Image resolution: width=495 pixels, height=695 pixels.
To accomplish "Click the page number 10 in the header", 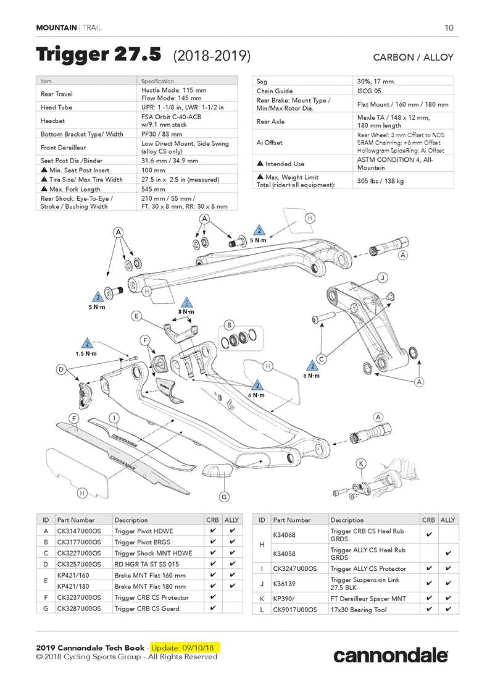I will pos(449,28).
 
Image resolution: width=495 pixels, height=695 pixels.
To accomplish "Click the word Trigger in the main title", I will pos(72,55).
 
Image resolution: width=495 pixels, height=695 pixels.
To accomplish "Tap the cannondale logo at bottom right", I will pos(391,655).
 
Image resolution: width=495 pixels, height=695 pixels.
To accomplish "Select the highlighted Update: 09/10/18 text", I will pos(185,647).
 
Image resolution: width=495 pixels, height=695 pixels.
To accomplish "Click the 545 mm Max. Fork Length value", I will pos(153,188).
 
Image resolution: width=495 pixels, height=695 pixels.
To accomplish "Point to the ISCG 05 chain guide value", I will pos(370,91).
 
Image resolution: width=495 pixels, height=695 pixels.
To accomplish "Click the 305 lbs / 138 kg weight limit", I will pos(380,181).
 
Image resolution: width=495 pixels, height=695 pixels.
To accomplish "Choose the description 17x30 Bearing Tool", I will pos(360,609).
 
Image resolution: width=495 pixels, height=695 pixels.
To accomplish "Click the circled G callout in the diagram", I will pos(224,496).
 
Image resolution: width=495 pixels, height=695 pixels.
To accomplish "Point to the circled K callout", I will pos(362,463).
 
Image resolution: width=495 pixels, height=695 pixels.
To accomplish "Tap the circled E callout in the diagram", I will pos(136,316).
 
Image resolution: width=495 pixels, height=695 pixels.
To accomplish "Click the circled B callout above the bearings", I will pos(229,324).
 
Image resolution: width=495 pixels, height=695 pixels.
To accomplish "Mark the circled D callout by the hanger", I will pos(61,369).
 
